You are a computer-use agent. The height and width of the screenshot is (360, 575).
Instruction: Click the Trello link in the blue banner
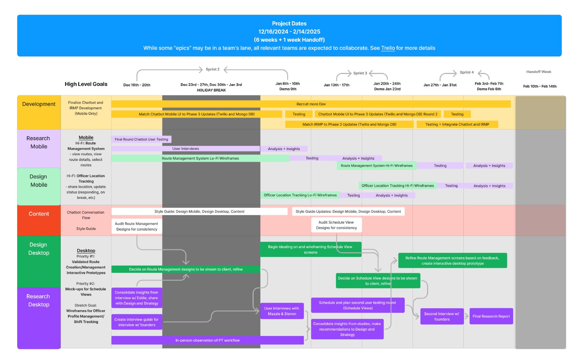tap(388, 48)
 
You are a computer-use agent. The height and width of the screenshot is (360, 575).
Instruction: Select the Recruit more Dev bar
tap(311, 104)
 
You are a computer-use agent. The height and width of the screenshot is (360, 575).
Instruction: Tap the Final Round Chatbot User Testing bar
tap(141, 139)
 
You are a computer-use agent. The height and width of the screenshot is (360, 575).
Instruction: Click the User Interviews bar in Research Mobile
tap(186, 149)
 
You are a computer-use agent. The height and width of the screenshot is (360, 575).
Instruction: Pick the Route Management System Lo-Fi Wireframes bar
tap(200, 159)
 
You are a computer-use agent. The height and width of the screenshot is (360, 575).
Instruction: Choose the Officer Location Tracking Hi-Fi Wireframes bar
tap(398, 186)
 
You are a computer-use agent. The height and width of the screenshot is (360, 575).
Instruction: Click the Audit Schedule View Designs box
tap(336, 225)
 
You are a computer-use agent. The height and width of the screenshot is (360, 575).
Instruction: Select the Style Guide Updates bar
tap(348, 212)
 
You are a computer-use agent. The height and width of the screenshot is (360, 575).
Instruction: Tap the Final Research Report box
tap(491, 316)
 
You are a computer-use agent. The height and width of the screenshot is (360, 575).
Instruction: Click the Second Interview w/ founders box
tap(442, 316)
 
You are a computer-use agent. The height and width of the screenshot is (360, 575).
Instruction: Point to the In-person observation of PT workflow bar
tap(207, 340)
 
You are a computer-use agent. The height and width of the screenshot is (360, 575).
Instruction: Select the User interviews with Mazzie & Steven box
tap(282, 311)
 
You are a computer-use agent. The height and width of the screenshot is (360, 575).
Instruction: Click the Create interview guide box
tap(136, 322)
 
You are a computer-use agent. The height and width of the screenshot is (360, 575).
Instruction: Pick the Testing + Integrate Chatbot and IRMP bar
tap(457, 124)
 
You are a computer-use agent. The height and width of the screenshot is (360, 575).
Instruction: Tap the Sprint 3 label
tap(360, 73)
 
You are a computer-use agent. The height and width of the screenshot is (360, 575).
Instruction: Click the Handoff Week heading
tap(539, 72)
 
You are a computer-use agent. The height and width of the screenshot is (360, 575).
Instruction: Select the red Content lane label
tap(39, 214)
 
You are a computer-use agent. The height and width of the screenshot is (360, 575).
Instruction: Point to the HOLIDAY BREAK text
tap(211, 90)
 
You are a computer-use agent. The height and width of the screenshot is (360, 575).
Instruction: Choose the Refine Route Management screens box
tap(452, 261)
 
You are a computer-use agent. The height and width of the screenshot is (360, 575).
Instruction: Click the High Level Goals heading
tap(86, 84)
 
